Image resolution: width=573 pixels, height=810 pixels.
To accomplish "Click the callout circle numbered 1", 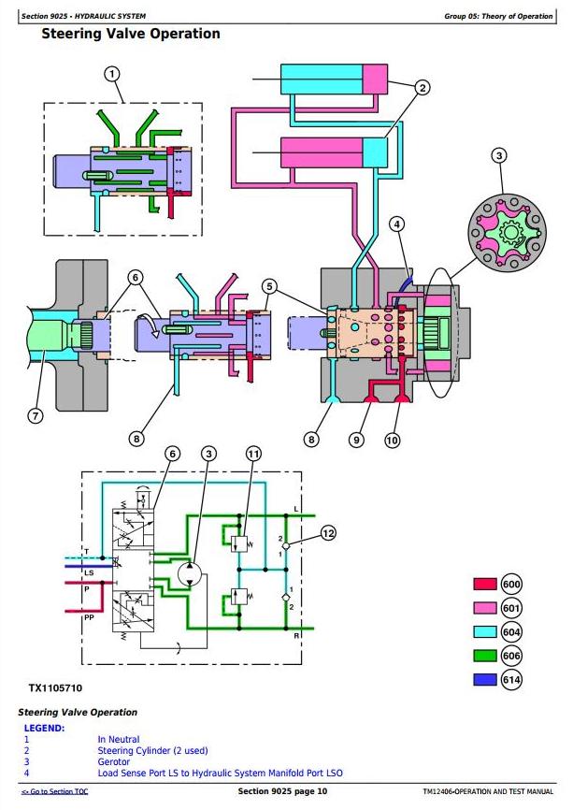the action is (x=112, y=75).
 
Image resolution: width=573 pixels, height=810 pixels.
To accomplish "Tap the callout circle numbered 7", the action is (x=36, y=416).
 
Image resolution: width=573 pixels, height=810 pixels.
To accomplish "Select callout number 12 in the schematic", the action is (x=328, y=533).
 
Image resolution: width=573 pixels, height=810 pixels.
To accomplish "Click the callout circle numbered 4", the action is (x=396, y=224).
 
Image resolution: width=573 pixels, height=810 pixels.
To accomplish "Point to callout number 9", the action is (x=356, y=441).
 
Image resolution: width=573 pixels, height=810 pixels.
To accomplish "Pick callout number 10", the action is (x=392, y=441).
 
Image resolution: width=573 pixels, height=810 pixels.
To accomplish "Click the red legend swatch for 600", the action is (x=485, y=584).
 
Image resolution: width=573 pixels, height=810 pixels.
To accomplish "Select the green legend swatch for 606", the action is (x=485, y=656).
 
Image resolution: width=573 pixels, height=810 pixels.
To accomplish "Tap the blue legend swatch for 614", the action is (x=485, y=679).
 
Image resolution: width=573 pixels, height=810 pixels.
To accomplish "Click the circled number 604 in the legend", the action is (x=511, y=631).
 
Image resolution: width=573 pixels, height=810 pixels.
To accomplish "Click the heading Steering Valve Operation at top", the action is (x=131, y=34).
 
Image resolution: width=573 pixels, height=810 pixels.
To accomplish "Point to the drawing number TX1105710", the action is (x=55, y=688).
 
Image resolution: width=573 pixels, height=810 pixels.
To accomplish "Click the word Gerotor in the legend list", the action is (x=113, y=762).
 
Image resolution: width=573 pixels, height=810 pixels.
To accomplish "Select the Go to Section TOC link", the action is (x=55, y=791).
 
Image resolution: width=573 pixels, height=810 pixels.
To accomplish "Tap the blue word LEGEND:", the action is (x=44, y=729).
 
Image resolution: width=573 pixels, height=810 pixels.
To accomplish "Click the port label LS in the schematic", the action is (x=89, y=572).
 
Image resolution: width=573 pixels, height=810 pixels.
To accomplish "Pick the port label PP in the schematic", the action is (x=89, y=617).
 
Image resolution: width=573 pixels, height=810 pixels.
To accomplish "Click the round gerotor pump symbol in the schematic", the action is (x=190, y=574).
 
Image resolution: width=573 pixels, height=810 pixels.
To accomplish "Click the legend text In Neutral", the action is (x=118, y=739).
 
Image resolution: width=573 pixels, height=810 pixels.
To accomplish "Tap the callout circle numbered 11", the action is (x=253, y=454).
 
